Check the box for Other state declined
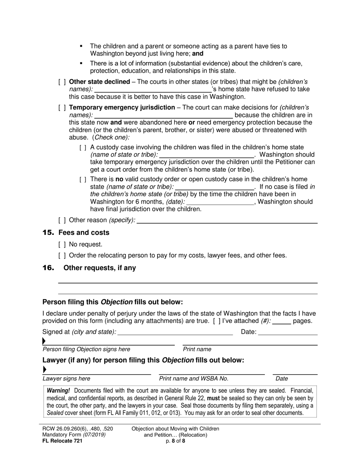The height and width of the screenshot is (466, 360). point(62,82)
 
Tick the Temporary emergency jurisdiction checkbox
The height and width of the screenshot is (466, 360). point(62,108)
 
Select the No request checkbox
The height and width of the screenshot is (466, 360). point(62,245)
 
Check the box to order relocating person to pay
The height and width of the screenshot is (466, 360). point(62,255)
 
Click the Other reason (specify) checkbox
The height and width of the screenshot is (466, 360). point(62,220)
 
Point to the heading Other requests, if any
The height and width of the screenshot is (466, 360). point(100,268)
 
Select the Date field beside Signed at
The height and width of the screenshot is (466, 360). point(288,333)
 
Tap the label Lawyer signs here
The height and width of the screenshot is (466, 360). point(66,378)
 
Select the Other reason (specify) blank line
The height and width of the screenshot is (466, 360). point(227,220)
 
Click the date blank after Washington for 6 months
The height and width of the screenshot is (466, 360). point(220,202)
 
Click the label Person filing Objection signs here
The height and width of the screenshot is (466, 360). point(86,349)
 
